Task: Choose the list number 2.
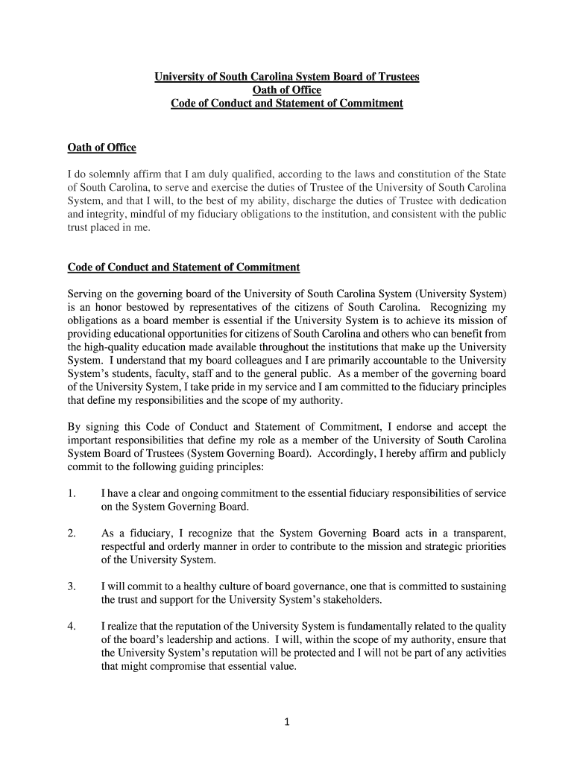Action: (x=71, y=534)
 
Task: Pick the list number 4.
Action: (x=71, y=627)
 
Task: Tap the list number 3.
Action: (x=71, y=587)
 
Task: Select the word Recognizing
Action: (x=455, y=308)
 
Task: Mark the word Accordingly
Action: (x=344, y=454)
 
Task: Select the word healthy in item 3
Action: (x=192, y=587)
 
